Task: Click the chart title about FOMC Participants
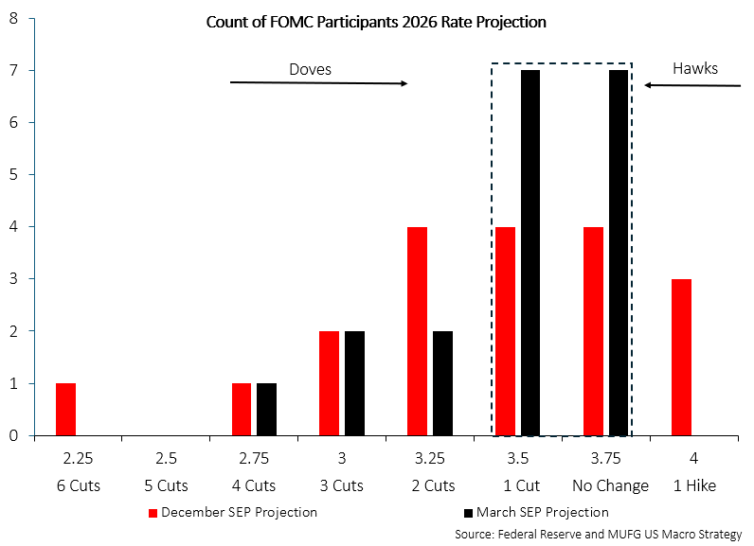(x=376, y=21)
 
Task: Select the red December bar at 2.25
(x=65, y=409)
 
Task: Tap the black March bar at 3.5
(x=530, y=253)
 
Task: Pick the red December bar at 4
(x=682, y=357)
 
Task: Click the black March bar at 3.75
(x=619, y=253)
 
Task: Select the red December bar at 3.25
(x=418, y=331)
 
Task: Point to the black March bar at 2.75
(x=266, y=409)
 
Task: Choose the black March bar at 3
(x=354, y=383)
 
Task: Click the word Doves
(x=310, y=69)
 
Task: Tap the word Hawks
(x=695, y=68)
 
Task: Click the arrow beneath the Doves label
(x=318, y=83)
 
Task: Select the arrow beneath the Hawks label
(x=692, y=85)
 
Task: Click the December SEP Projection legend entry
(x=232, y=512)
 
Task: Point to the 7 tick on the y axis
(x=14, y=70)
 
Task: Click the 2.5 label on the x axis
(x=166, y=459)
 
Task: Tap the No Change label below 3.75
(x=610, y=485)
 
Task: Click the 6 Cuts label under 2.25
(x=77, y=485)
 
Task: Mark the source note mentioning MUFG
(x=599, y=534)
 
